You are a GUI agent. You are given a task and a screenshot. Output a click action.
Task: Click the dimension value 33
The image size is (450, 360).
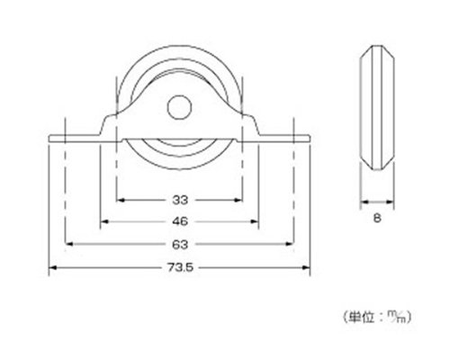[x=180, y=200]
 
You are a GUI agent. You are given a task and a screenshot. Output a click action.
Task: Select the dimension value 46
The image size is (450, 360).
[x=180, y=221]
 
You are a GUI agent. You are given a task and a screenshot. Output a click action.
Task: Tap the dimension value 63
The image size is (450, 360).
[x=180, y=245]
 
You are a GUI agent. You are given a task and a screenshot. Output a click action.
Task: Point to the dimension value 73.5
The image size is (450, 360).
[x=180, y=267]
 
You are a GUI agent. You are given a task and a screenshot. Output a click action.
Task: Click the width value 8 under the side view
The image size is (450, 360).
[x=377, y=218]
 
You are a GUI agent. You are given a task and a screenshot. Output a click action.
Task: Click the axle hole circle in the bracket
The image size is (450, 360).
[x=179, y=107]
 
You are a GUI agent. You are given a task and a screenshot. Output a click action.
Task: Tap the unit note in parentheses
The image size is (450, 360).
[x=377, y=317]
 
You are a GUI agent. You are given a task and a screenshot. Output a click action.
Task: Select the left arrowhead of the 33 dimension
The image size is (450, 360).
[x=120, y=200]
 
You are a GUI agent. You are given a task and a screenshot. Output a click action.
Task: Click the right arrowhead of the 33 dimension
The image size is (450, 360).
[x=238, y=200]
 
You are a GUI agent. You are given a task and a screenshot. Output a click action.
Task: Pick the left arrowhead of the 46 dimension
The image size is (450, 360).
[x=103, y=221]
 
